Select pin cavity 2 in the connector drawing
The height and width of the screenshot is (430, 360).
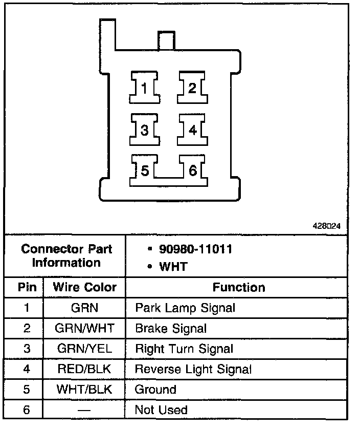click(192, 89)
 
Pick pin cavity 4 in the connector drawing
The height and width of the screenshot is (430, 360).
click(192, 130)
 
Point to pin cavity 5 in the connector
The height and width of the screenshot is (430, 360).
click(145, 171)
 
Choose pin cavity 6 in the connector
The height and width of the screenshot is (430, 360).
click(192, 171)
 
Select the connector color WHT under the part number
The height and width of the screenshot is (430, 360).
click(173, 266)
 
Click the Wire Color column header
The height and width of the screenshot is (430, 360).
click(85, 287)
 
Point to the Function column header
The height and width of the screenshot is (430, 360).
click(239, 287)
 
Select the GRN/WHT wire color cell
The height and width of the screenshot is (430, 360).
click(85, 328)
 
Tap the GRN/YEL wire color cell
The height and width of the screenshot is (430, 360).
click(85, 349)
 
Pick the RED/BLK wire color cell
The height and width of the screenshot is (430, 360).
click(85, 369)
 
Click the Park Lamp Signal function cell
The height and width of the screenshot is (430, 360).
click(185, 308)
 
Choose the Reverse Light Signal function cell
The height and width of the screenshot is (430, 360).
click(193, 369)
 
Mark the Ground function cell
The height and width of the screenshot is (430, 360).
click(155, 390)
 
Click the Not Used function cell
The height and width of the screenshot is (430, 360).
click(161, 410)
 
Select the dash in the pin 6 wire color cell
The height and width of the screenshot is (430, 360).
click(85, 410)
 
